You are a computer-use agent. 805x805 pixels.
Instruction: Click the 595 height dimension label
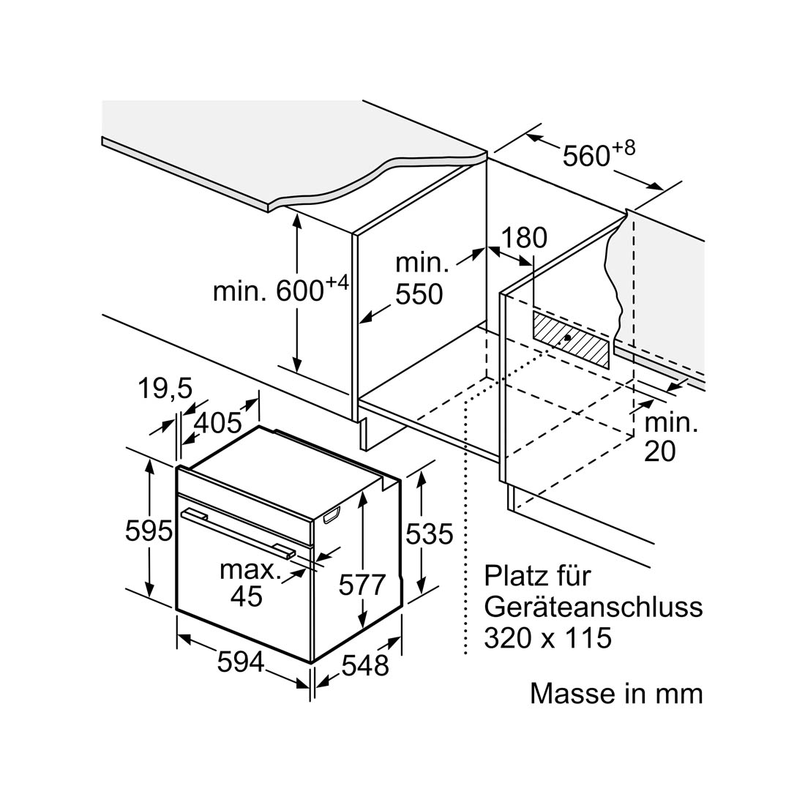(x=149, y=531)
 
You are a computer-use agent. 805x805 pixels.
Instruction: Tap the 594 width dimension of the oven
(x=241, y=662)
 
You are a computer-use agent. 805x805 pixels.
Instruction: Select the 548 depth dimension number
(x=365, y=666)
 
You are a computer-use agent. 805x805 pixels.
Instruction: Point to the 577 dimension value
(x=362, y=585)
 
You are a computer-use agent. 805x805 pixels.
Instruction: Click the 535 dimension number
(x=429, y=534)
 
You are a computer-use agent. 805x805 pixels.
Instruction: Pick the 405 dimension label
(x=218, y=423)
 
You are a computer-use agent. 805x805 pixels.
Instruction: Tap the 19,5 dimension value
(x=165, y=389)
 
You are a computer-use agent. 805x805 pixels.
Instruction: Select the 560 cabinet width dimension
(x=599, y=152)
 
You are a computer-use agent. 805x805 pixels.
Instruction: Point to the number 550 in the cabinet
(x=419, y=294)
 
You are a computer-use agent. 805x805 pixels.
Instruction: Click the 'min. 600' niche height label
(x=281, y=289)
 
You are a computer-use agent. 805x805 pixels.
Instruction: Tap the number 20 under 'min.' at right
(x=659, y=452)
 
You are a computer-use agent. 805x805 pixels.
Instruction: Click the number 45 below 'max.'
(x=247, y=596)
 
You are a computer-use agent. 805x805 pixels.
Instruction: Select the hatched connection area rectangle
(x=571, y=340)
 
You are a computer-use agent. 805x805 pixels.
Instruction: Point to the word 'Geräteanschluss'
(x=594, y=607)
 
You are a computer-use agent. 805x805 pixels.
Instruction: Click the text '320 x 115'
(x=548, y=638)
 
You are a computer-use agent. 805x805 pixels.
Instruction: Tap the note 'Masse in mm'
(x=616, y=694)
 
